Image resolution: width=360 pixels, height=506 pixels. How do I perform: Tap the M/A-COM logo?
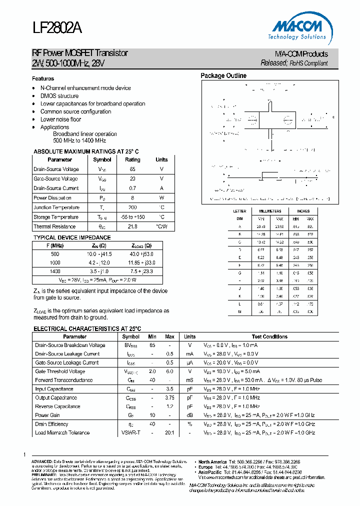[300, 28]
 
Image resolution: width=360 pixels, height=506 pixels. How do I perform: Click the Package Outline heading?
[223, 76]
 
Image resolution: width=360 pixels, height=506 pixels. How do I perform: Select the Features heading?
[43, 78]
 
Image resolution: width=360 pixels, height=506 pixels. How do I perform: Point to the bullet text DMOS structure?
[59, 96]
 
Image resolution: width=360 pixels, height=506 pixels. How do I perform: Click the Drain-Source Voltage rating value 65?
[132, 169]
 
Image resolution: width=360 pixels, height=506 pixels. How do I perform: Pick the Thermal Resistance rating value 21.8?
[132, 226]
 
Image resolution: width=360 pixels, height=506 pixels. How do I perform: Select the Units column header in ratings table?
[161, 160]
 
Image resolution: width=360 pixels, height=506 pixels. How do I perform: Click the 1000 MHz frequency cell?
[55, 262]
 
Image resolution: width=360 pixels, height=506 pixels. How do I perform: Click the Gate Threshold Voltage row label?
[60, 371]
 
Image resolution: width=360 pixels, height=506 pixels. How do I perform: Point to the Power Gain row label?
[48, 415]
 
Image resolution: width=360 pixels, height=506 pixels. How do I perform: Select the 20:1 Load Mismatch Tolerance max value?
[170, 432]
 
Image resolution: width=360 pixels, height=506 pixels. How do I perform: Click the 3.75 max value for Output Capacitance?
[170, 397]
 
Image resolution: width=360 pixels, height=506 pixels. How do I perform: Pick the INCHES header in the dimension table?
[303, 211]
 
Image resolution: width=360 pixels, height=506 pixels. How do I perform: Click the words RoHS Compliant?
[308, 63]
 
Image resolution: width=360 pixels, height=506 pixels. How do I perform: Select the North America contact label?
[213, 461]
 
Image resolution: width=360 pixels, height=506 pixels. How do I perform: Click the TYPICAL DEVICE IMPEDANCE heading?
[72, 237]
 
